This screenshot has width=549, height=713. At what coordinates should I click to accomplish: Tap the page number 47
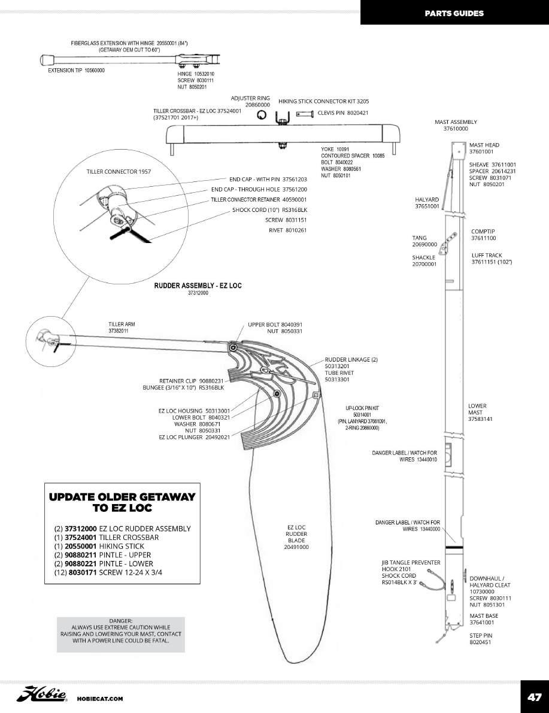pyautogui.click(x=534, y=697)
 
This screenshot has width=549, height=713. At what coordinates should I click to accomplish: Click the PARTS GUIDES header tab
pyautogui.click(x=454, y=13)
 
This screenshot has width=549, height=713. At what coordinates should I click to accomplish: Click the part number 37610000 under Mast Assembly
pyautogui.click(x=456, y=129)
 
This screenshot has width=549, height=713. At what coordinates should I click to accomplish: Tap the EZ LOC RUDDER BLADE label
pyautogui.click(x=296, y=537)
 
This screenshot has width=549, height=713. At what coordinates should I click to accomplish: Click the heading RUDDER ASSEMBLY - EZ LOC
pyautogui.click(x=198, y=286)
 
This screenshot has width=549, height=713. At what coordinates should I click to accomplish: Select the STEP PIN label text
pyautogui.click(x=481, y=635)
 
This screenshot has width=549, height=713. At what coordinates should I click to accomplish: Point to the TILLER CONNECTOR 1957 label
pyautogui.click(x=119, y=172)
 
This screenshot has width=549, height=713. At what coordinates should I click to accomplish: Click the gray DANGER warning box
pyautogui.click(x=120, y=634)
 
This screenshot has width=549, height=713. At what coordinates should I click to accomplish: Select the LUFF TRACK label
pyautogui.click(x=486, y=256)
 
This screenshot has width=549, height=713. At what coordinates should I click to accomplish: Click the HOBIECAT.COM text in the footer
pyautogui.click(x=100, y=699)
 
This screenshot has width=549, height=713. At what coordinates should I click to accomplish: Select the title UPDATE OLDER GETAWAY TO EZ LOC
pyautogui.click(x=122, y=502)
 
